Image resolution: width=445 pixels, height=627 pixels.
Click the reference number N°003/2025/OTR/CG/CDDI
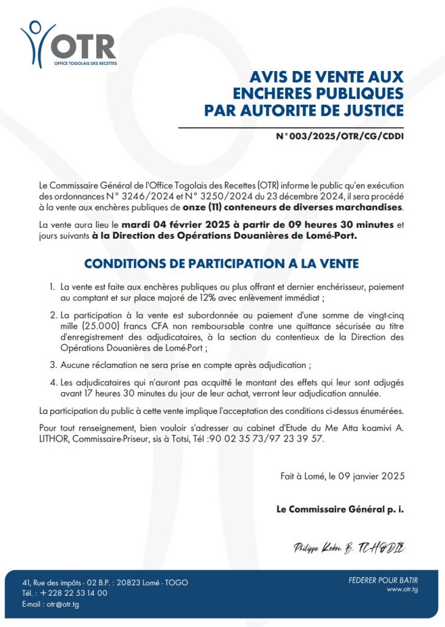(x=340, y=136)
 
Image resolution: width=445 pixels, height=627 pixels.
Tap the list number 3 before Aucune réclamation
(x=53, y=365)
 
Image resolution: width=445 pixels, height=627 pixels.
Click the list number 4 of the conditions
(x=53, y=382)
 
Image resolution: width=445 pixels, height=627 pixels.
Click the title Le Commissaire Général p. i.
(x=340, y=509)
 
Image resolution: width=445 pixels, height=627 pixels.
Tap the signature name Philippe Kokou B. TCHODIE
(x=350, y=547)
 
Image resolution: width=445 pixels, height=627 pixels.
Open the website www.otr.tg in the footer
(x=402, y=590)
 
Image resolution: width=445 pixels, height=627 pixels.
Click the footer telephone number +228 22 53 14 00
(x=74, y=593)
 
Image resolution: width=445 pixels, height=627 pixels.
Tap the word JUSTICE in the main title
(x=370, y=110)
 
